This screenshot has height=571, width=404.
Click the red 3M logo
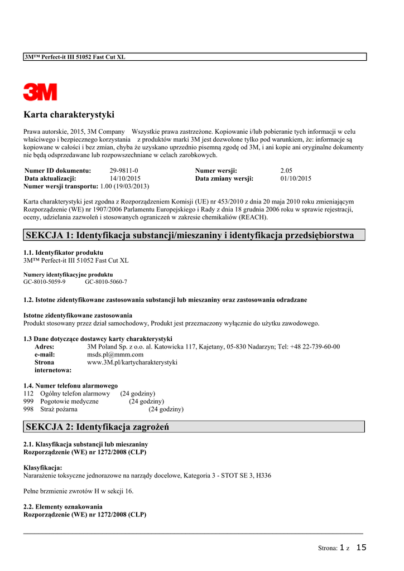coord(40,91)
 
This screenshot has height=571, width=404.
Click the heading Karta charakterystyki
coord(69,115)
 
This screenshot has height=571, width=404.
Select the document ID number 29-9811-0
coord(124,171)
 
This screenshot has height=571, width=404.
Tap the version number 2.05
coord(286,171)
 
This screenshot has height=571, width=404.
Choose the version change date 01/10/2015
coord(296,178)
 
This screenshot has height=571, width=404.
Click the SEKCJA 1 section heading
coord(190,235)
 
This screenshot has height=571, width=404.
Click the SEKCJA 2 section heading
coord(97,427)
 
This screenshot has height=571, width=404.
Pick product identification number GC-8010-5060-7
coord(106,282)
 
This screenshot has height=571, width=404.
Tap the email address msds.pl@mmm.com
coord(116,354)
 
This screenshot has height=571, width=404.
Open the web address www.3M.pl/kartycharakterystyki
coord(132,362)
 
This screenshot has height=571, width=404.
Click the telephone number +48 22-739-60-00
coord(314,346)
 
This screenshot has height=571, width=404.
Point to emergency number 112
coord(28,393)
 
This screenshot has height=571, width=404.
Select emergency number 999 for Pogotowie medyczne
coord(28,401)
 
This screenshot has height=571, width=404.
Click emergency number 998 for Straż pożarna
coord(28,409)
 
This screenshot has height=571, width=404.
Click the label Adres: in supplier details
coord(45,346)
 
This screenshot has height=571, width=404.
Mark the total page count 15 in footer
coord(361,548)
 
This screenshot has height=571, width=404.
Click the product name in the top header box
coord(75,57)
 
